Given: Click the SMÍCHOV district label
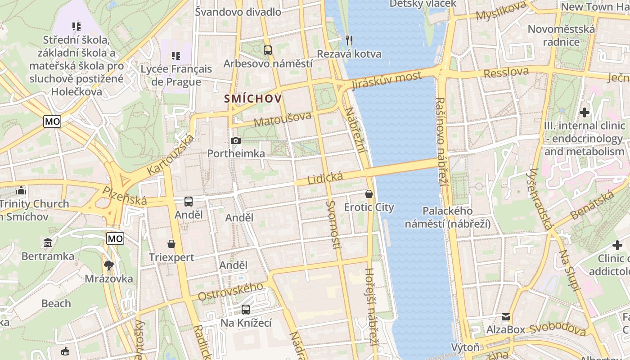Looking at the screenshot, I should point(253,99).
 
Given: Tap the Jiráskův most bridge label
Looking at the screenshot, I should point(387,81).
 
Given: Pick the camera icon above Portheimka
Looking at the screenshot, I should point(235,140).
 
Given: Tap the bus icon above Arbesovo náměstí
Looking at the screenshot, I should point(268,50).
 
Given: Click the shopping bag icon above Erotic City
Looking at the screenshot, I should point(369,194).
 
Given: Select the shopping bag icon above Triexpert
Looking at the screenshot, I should point(171,244).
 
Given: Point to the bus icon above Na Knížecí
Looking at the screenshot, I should point(246,310).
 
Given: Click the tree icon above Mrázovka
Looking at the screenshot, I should point(108,265).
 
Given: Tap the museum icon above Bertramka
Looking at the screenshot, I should point(48,243).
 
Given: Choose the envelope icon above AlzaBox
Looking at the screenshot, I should point(506,317).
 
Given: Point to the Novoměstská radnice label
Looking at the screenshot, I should point(561,36).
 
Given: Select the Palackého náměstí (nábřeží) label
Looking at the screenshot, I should point(447,217).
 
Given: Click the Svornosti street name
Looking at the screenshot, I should point(333,224).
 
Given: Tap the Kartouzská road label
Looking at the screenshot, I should point(171,154).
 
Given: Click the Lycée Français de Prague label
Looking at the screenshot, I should point(176,75).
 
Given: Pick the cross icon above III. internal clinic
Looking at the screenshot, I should point(585,112).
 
